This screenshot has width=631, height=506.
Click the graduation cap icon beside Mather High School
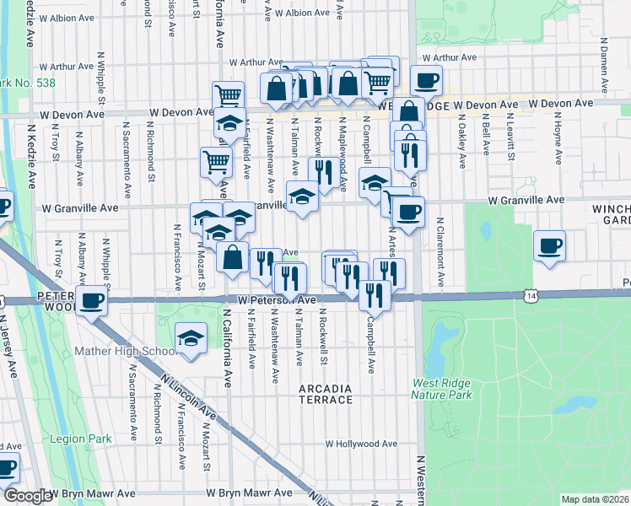tap(191, 340)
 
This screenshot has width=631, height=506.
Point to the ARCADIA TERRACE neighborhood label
tap(326, 394)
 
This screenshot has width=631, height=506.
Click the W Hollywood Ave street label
tap(361, 444)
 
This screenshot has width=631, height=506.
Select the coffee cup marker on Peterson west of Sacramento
tap(92, 299)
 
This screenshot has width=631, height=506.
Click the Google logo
tap(28, 496)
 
